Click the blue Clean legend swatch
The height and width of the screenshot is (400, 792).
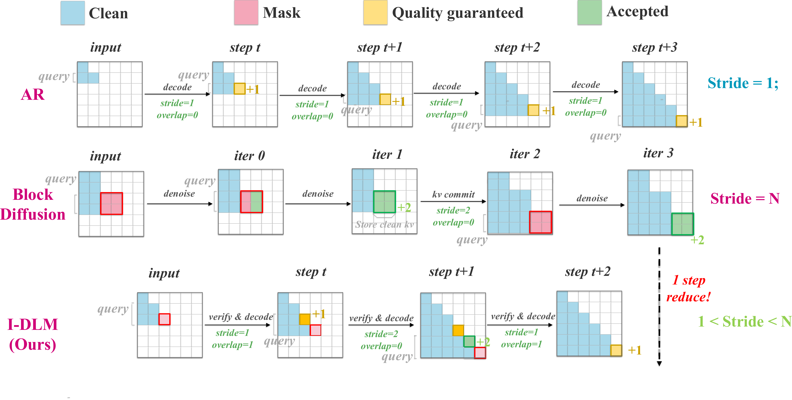click(x=73, y=13)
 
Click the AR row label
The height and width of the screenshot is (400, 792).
click(x=33, y=94)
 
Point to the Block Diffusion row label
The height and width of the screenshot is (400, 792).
click(x=33, y=204)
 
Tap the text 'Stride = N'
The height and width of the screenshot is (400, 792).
click(x=745, y=199)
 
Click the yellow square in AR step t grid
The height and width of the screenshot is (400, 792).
click(x=240, y=89)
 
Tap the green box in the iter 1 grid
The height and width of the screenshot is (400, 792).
click(x=384, y=202)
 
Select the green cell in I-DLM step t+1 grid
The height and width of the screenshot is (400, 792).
click(x=469, y=341)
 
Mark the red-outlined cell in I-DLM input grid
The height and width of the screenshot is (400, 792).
click(x=164, y=319)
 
